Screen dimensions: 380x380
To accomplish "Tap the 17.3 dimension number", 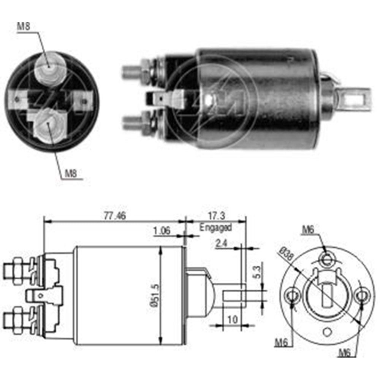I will point(217,216).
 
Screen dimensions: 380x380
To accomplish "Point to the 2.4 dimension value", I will point(222,244).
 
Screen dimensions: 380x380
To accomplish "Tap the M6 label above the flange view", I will point(309,229).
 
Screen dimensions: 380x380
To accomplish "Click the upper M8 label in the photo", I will point(23,26).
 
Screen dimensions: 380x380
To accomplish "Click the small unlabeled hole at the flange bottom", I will point(327,332).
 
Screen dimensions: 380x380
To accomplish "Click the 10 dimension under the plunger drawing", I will point(232,320).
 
